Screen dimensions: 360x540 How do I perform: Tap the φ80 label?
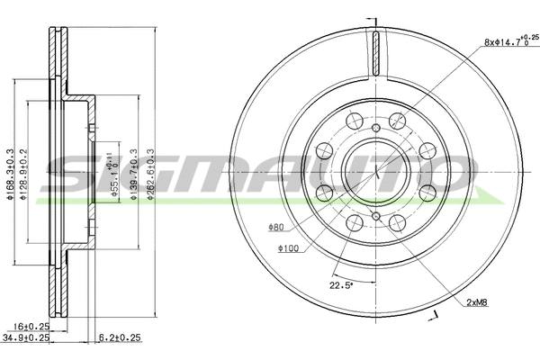tap(275, 227)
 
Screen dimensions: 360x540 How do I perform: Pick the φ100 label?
tap(287, 248)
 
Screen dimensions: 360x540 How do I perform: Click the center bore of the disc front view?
tap(372, 169)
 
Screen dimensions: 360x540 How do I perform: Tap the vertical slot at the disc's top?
tap(372, 55)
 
